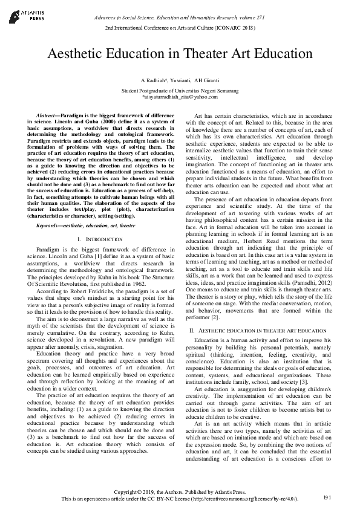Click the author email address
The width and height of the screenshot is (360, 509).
point(179,96)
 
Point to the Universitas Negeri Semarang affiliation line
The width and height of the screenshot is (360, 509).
point(179,89)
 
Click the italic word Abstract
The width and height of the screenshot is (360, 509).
point(47,114)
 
